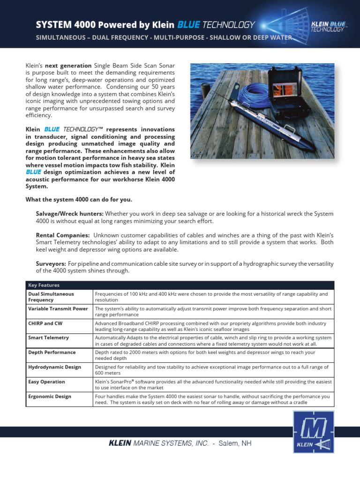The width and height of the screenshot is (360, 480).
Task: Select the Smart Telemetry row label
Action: [x=48, y=337]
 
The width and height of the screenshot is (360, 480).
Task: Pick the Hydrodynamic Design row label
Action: [x=54, y=367]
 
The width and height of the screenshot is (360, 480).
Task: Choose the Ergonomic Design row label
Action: [x=50, y=396]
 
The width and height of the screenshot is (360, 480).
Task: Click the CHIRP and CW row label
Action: [x=45, y=323]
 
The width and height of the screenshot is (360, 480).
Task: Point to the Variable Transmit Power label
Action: [x=58, y=308]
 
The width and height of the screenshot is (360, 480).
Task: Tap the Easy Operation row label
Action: [x=46, y=382]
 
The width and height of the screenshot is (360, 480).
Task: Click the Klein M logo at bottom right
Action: [x=313, y=432]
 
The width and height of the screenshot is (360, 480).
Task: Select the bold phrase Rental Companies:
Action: [x=63, y=235]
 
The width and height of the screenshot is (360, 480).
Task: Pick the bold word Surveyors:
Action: [x=51, y=264]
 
